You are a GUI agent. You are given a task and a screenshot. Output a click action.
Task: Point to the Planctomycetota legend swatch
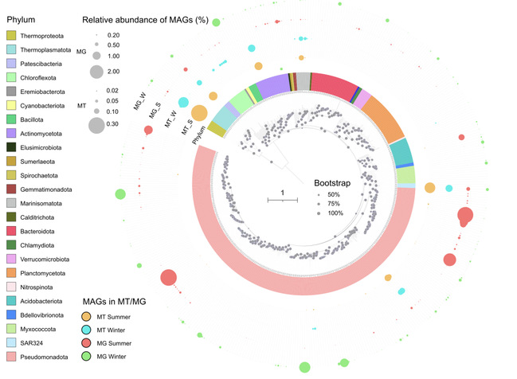(12, 274)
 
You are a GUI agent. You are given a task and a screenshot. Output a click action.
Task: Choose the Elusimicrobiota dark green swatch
(12, 147)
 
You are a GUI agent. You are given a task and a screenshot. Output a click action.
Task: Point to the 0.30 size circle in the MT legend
(96, 124)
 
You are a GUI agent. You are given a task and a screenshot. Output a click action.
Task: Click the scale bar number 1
(282, 191)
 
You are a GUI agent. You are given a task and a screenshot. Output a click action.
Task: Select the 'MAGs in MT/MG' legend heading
(120, 303)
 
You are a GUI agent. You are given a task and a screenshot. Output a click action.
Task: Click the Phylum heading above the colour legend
(22, 17)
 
